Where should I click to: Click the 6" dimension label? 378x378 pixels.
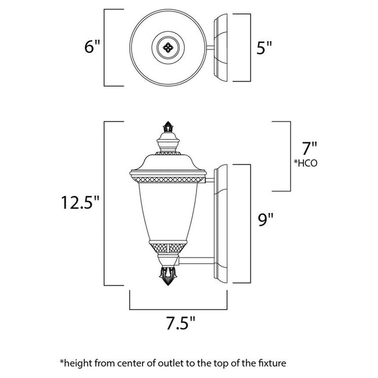tap(92, 47)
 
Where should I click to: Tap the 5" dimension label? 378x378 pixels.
tap(265, 48)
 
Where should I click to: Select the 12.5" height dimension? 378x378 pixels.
tap(81, 203)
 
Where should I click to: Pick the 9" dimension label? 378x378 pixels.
tap(264, 219)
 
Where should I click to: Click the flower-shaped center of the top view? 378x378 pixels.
tap(168, 47)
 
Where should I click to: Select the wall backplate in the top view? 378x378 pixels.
tap(223, 47)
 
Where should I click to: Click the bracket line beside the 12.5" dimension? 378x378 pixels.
tap(105, 203)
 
